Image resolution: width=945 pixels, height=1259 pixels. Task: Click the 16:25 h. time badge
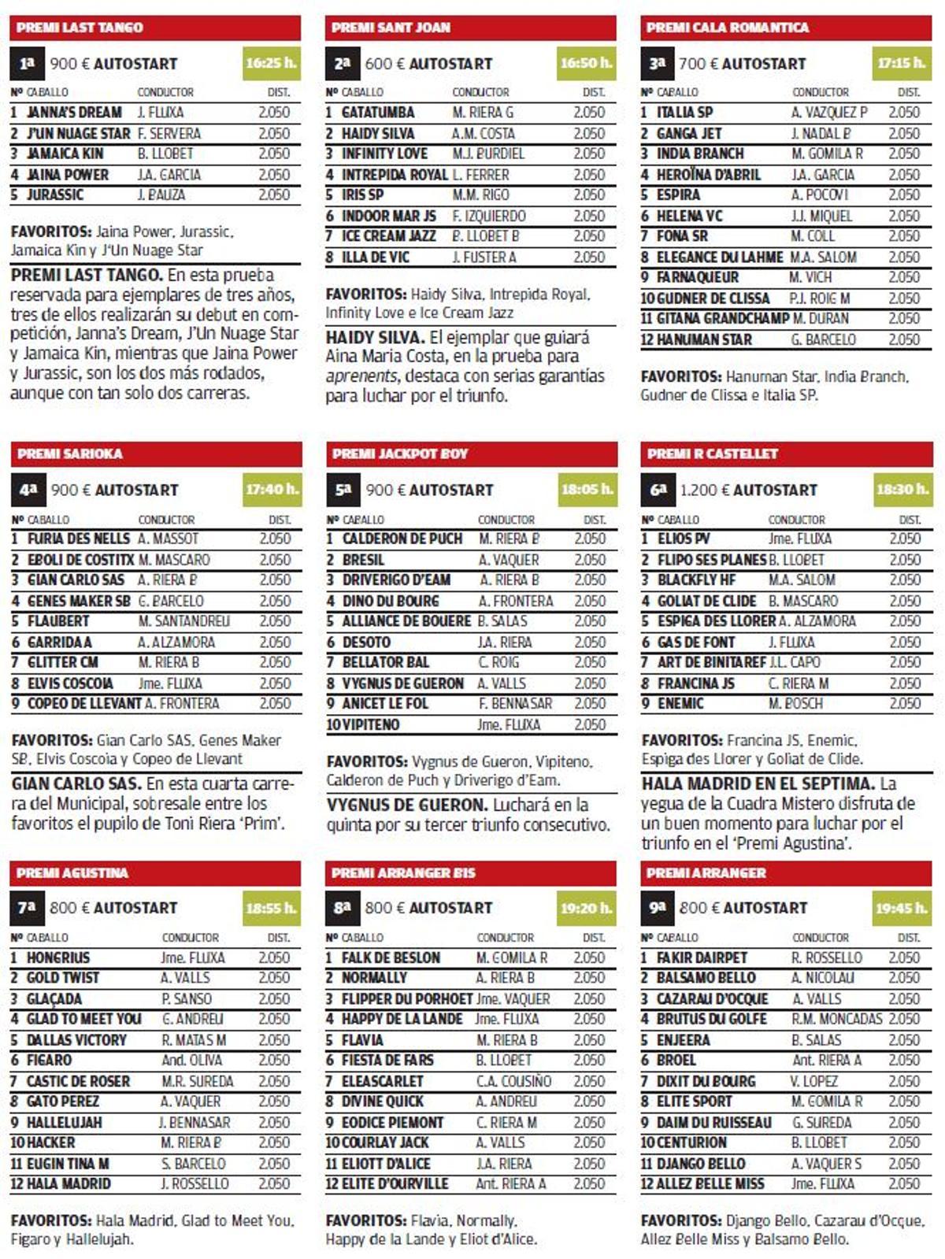click(271, 63)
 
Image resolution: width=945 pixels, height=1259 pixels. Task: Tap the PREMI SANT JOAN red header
click(470, 28)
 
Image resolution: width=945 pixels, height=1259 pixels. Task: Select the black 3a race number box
click(658, 63)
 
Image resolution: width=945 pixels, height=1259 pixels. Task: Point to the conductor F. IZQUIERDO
click(488, 216)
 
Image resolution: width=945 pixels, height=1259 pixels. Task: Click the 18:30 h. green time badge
click(902, 489)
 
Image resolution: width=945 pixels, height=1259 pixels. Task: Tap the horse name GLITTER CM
click(64, 662)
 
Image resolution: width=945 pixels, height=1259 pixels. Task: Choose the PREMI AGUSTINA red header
click(155, 872)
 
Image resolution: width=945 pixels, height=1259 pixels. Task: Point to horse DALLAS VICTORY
click(76, 1039)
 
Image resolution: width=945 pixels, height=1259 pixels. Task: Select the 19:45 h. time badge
click(902, 907)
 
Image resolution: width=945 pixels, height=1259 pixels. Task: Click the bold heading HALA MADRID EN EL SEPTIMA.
click(758, 783)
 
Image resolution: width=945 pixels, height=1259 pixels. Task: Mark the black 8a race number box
click(343, 907)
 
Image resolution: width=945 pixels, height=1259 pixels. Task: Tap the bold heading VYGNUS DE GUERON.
click(407, 805)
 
